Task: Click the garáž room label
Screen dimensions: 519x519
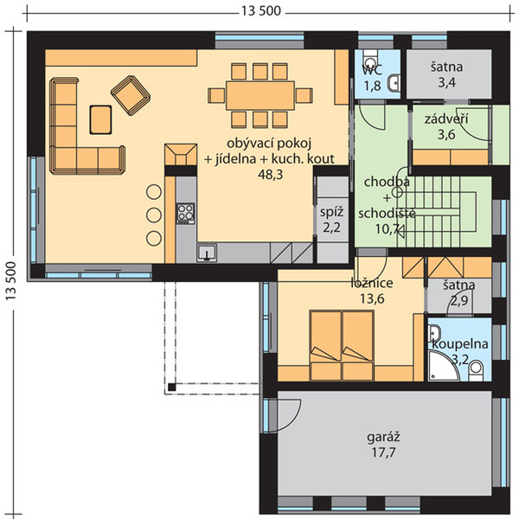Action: coord(383,438)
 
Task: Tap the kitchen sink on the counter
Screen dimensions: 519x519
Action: coord(207,253)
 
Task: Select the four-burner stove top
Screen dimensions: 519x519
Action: coord(186,214)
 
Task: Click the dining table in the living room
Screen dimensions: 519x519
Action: coord(260,95)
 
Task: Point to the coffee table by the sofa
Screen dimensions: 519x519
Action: coord(100,120)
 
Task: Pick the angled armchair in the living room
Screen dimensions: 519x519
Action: coord(131,95)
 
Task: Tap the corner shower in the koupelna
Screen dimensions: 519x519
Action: coord(443,366)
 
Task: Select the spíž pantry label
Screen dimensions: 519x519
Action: coord(331,212)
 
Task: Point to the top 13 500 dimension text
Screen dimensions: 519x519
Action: coord(261,11)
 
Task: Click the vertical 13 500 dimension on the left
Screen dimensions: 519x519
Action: coord(10,281)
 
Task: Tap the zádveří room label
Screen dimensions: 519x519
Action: coord(446,119)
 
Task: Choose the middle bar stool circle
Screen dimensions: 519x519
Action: coord(154,215)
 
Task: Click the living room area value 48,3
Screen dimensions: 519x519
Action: coord(271,175)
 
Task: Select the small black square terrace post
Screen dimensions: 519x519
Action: coord(171,387)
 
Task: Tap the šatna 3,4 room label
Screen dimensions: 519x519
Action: coord(447,74)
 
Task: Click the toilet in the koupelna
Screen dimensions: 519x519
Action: coord(476,370)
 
